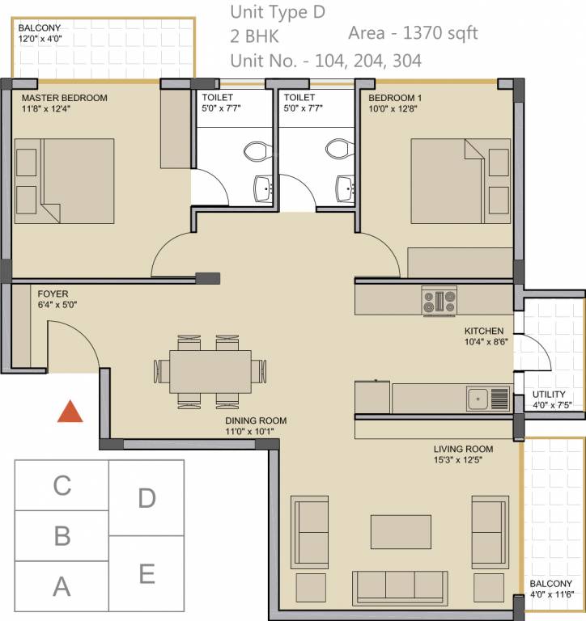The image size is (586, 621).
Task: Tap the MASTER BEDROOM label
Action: (x=65, y=99)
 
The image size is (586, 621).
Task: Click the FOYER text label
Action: (x=53, y=294)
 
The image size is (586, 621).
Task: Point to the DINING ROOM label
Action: (x=256, y=420)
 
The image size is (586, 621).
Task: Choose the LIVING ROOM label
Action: (x=463, y=450)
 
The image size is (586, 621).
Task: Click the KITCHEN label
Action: (x=484, y=332)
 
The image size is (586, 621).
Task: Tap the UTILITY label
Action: (x=549, y=395)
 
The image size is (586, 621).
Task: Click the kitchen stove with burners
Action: (x=439, y=302)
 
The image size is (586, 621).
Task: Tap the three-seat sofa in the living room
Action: (x=400, y=584)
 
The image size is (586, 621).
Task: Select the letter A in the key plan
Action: (x=62, y=586)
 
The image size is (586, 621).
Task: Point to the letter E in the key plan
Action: (x=146, y=574)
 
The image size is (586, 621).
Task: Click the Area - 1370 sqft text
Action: (x=413, y=33)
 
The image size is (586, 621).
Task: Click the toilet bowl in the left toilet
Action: (x=257, y=151)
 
